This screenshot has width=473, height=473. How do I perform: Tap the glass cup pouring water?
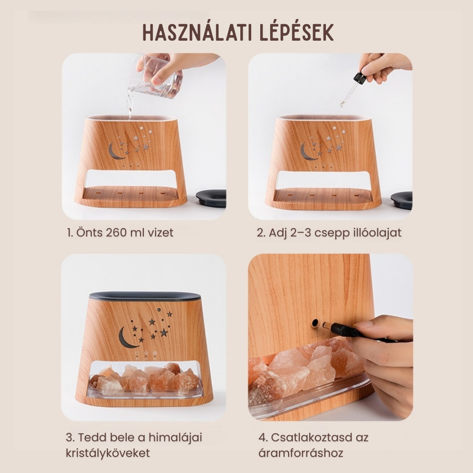coord(156,77)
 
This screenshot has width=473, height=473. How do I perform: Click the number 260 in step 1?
coord(116,233)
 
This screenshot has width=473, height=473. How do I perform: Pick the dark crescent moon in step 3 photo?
coord(125,338)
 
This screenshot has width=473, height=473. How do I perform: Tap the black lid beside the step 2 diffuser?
coord(402,200)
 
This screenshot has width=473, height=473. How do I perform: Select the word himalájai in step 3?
coord(175,438)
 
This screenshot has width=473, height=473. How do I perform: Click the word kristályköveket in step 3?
coord(108,453)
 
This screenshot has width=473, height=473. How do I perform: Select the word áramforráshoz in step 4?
coord(301,453)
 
